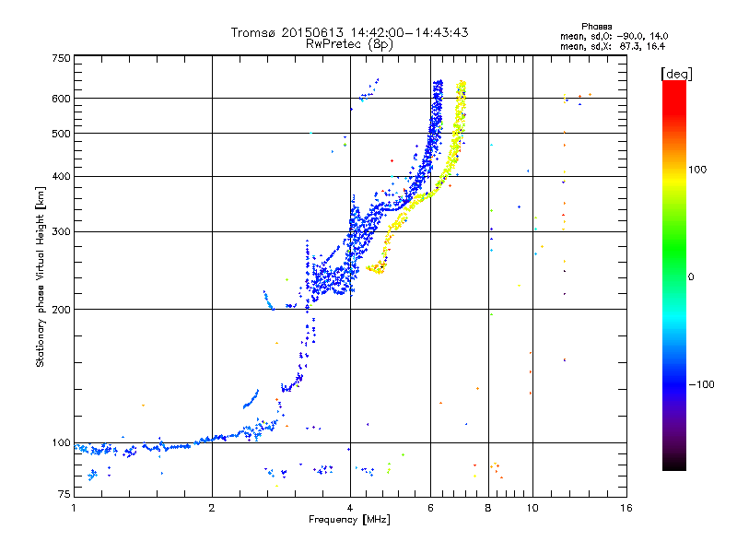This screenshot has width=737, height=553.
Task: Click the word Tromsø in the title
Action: pos(253,32)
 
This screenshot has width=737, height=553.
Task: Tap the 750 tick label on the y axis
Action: pos(61,58)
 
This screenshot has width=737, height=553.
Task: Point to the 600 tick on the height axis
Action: pos(61,98)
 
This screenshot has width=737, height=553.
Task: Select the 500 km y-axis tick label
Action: pos(61,133)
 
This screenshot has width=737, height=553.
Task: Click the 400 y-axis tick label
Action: pos(61,176)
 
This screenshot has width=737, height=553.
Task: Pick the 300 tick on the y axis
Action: pos(61,231)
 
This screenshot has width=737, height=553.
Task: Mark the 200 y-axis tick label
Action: pos(61,309)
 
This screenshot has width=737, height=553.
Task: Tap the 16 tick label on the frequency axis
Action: pos(626,508)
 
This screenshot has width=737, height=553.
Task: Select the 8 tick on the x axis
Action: pos(488,508)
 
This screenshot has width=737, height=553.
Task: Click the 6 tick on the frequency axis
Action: pos(431,508)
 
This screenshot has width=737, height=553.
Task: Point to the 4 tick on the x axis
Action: pos(350,508)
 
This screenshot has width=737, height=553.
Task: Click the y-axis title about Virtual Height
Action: pos(41,277)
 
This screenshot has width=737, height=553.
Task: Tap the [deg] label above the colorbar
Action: pos(676,73)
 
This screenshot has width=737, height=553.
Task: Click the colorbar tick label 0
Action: pos(690,276)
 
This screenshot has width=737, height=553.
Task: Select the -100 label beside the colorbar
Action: pos(701,383)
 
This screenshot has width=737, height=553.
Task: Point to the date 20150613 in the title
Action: pos(312,32)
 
